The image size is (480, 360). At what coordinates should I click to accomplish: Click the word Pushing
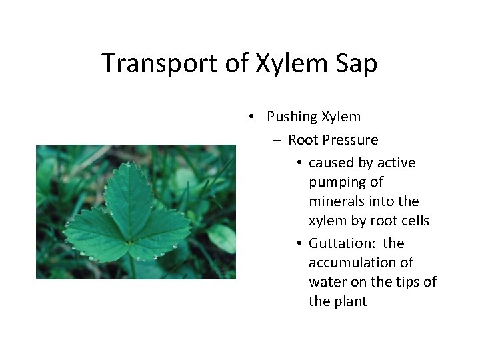(292, 117)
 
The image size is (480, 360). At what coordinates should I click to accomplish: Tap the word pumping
(337, 183)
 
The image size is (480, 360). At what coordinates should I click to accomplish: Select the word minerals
(337, 201)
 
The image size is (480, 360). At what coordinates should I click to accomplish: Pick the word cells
(414, 220)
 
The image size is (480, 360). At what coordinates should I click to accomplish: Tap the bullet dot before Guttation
(301, 243)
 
